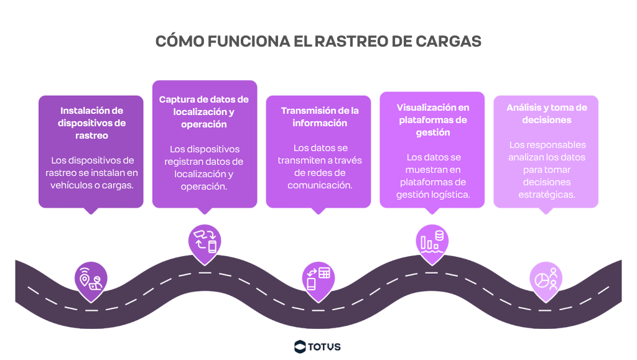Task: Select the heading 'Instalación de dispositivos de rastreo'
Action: (x=91, y=123)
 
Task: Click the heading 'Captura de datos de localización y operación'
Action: (x=204, y=112)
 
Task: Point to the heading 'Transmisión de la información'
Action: (x=320, y=117)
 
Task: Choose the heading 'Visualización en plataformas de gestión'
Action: (x=433, y=120)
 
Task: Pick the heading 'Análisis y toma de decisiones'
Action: (x=547, y=113)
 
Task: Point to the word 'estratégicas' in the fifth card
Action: (x=546, y=195)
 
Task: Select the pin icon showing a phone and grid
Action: (x=318, y=277)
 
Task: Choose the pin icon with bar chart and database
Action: (x=432, y=240)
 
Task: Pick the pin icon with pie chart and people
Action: (x=546, y=277)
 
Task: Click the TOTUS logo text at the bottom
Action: (x=325, y=346)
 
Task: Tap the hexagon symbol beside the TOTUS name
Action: (x=300, y=346)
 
